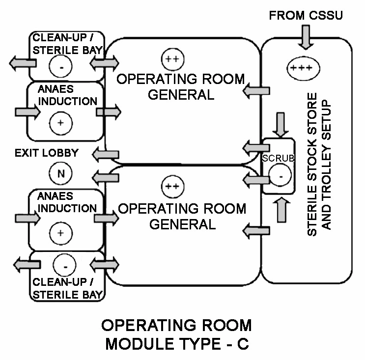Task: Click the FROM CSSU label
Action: pyautogui.click(x=306, y=16)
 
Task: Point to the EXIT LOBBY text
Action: pyautogui.click(x=47, y=153)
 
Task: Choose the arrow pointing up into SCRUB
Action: pyautogui.click(x=281, y=209)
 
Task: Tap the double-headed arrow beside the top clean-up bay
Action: pyautogui.click(x=105, y=63)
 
